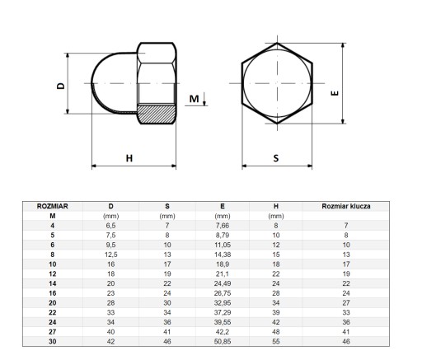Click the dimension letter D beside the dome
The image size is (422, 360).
[61, 86]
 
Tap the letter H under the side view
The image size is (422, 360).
[129, 158]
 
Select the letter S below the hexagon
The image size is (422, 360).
[276, 158]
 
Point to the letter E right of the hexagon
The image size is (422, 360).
[335, 93]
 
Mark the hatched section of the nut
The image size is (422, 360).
[156, 114]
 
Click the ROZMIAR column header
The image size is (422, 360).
[53, 206]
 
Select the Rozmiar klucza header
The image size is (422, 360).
[346, 206]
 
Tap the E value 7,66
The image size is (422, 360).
[223, 226]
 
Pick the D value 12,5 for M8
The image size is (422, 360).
[110, 255]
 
